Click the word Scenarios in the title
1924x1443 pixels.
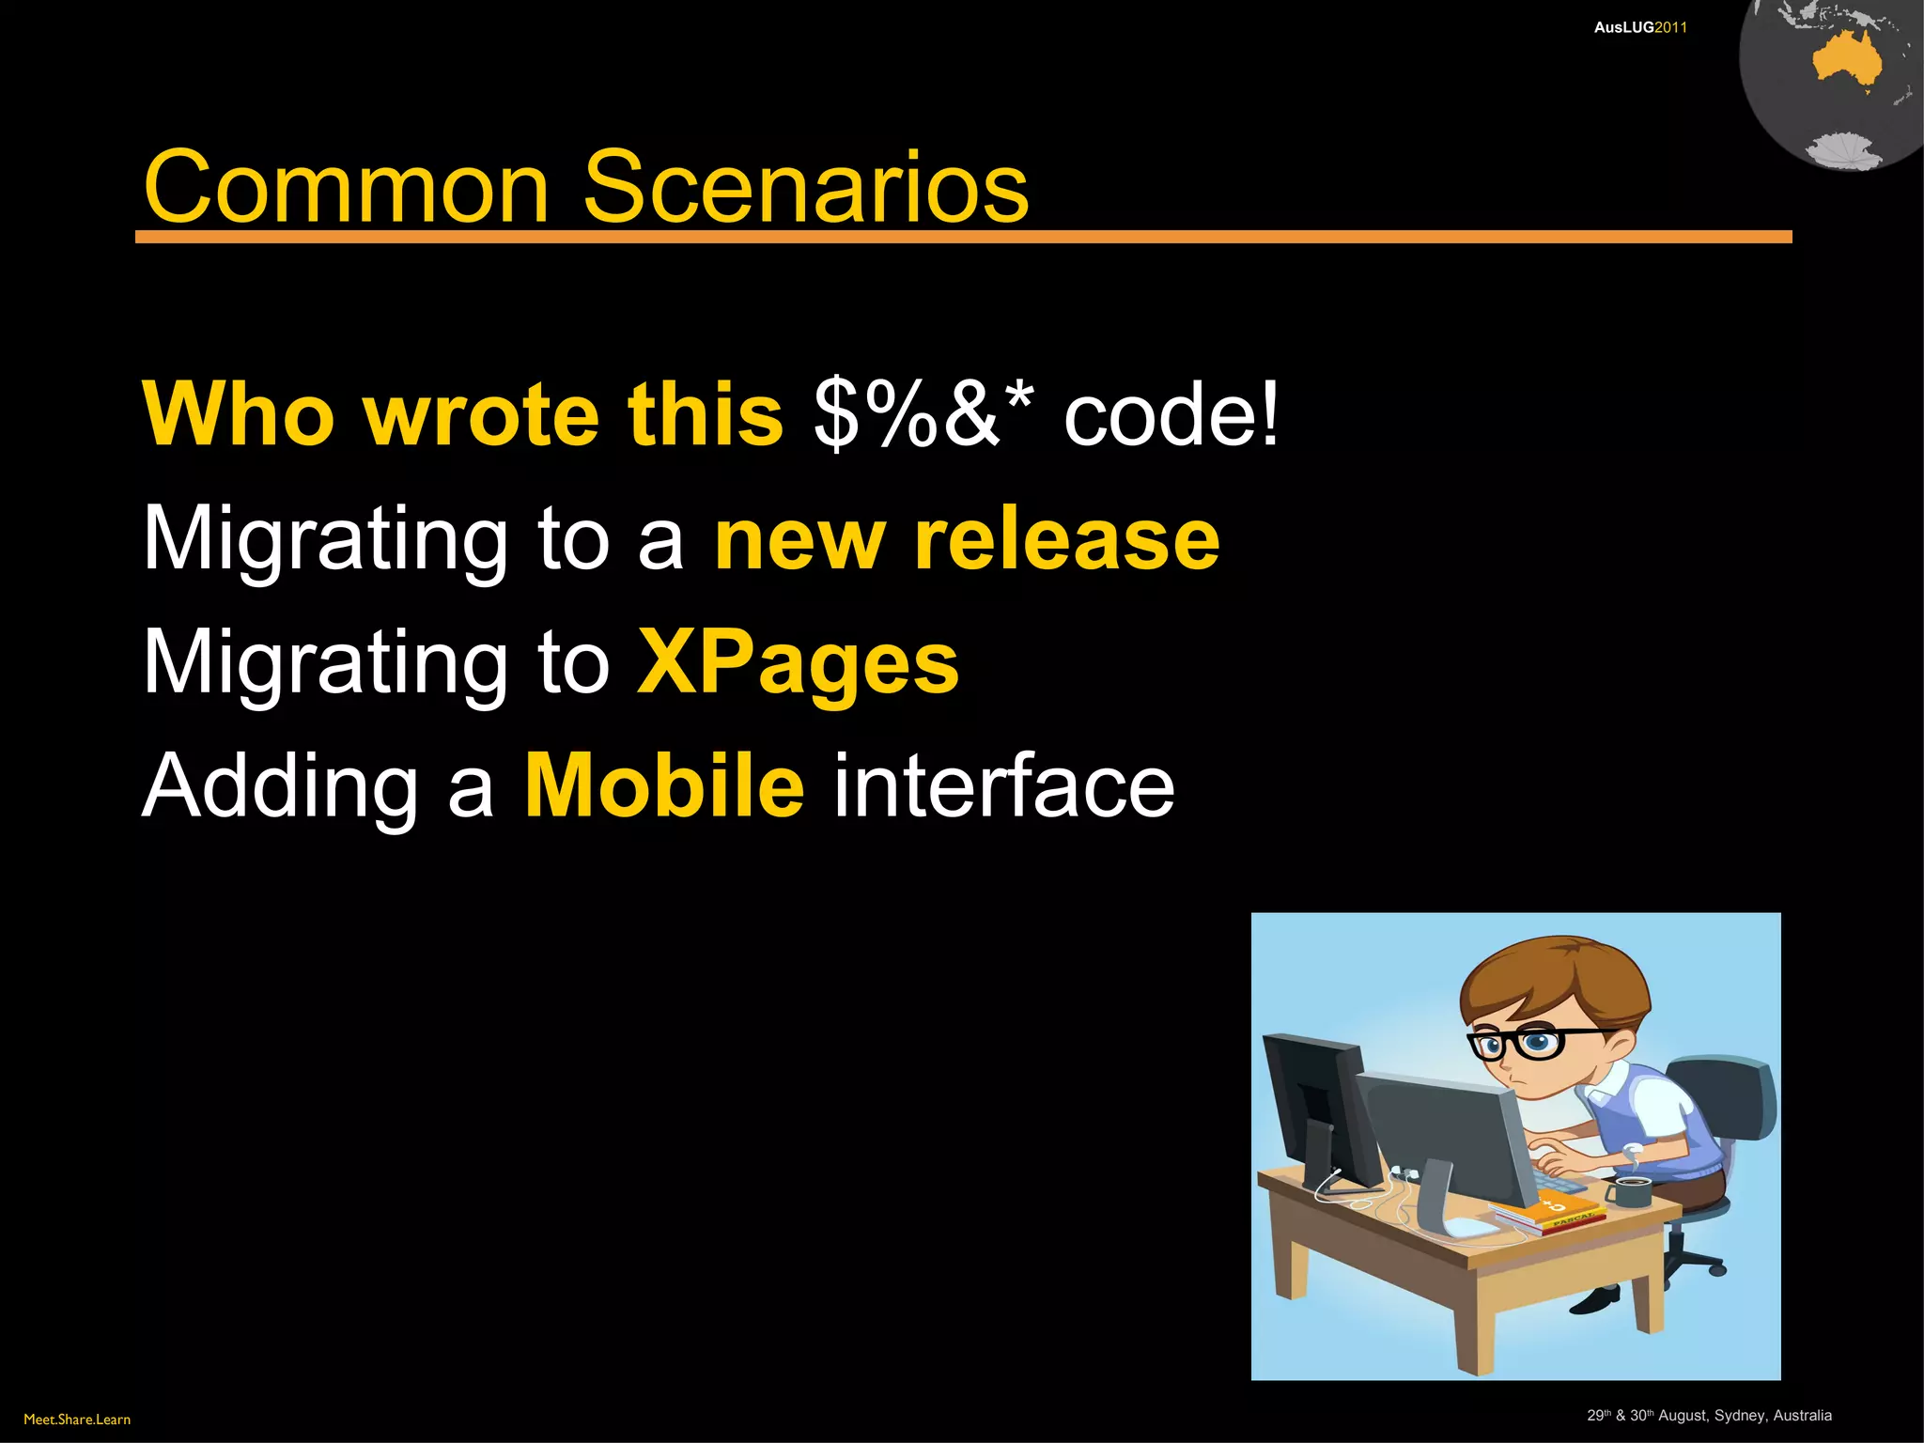(x=805, y=188)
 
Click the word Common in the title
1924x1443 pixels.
(x=346, y=188)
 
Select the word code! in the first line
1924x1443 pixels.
(x=1171, y=413)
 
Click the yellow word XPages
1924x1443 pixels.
(x=798, y=663)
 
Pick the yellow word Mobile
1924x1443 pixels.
(x=663, y=785)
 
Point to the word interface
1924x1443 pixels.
(x=1003, y=785)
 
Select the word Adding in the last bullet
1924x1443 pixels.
(x=280, y=787)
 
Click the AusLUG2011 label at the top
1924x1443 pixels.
(x=1640, y=27)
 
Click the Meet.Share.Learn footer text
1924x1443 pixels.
(x=77, y=1420)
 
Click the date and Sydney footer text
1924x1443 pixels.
(x=1709, y=1416)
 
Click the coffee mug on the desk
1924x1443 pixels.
(x=1632, y=1193)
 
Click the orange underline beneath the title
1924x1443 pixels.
(x=963, y=237)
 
